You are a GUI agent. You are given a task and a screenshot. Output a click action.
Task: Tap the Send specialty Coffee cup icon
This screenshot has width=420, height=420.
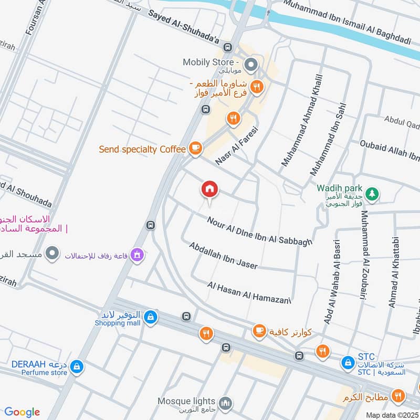click(195, 149)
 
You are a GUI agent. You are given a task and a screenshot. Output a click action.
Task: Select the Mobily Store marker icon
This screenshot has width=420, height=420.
click(251, 66)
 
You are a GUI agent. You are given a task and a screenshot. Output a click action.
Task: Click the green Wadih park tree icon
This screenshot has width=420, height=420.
click(372, 194)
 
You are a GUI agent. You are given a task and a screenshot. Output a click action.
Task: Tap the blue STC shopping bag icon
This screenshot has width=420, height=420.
click(347, 362)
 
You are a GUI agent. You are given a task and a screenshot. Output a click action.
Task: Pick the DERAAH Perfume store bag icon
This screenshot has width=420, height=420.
click(77, 367)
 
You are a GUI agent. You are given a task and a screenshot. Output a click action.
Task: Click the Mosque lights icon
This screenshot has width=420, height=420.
click(225, 403)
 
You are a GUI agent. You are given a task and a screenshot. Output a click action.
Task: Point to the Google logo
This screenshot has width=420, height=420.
click(22, 412)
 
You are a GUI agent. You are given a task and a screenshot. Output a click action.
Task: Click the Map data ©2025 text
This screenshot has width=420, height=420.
click(392, 415)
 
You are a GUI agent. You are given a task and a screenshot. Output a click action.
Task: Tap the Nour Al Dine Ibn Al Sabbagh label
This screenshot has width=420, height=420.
click(259, 231)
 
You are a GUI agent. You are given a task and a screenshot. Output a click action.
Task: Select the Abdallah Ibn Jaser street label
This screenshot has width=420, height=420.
click(224, 256)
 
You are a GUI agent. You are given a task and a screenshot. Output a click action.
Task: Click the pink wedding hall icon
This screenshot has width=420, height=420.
click(138, 255)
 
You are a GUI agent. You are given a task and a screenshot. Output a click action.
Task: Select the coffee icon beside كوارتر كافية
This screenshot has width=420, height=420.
click(259, 331)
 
